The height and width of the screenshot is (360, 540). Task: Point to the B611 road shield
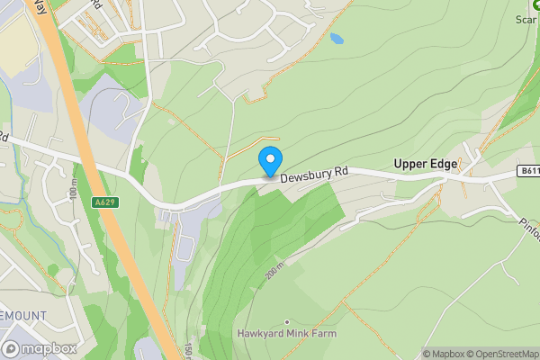pyautogui.click(x=528, y=170)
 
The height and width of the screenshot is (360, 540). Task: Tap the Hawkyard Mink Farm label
pyautogui.click(x=287, y=334)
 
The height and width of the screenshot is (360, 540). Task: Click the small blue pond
pyautogui.click(x=337, y=39)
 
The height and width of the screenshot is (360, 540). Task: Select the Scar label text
pyautogui.click(x=526, y=18)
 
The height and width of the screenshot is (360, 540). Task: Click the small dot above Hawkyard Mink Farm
pyautogui.click(x=287, y=321)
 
